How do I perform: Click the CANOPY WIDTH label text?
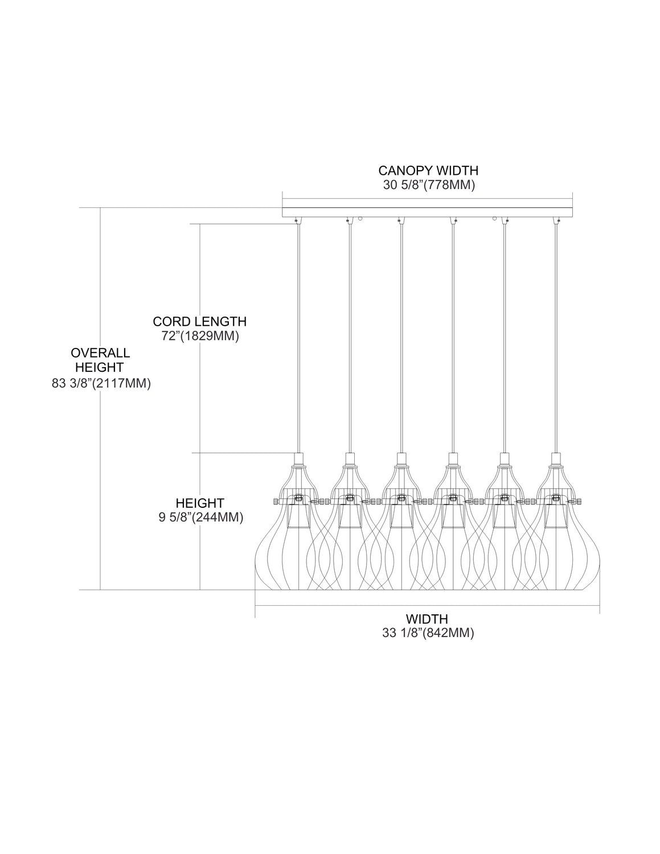428,170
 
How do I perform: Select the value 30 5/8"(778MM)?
428,185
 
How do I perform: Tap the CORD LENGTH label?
199,322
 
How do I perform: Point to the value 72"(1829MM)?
199,336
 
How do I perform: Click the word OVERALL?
100,353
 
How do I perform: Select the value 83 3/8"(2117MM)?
101,384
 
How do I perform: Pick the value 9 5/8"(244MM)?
200,518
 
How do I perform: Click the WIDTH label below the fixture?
427,618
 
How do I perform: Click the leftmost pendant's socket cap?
298,459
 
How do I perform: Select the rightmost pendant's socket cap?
555,459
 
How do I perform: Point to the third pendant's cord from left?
401,342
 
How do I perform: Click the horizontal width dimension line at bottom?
427,605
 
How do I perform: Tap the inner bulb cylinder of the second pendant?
349,518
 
